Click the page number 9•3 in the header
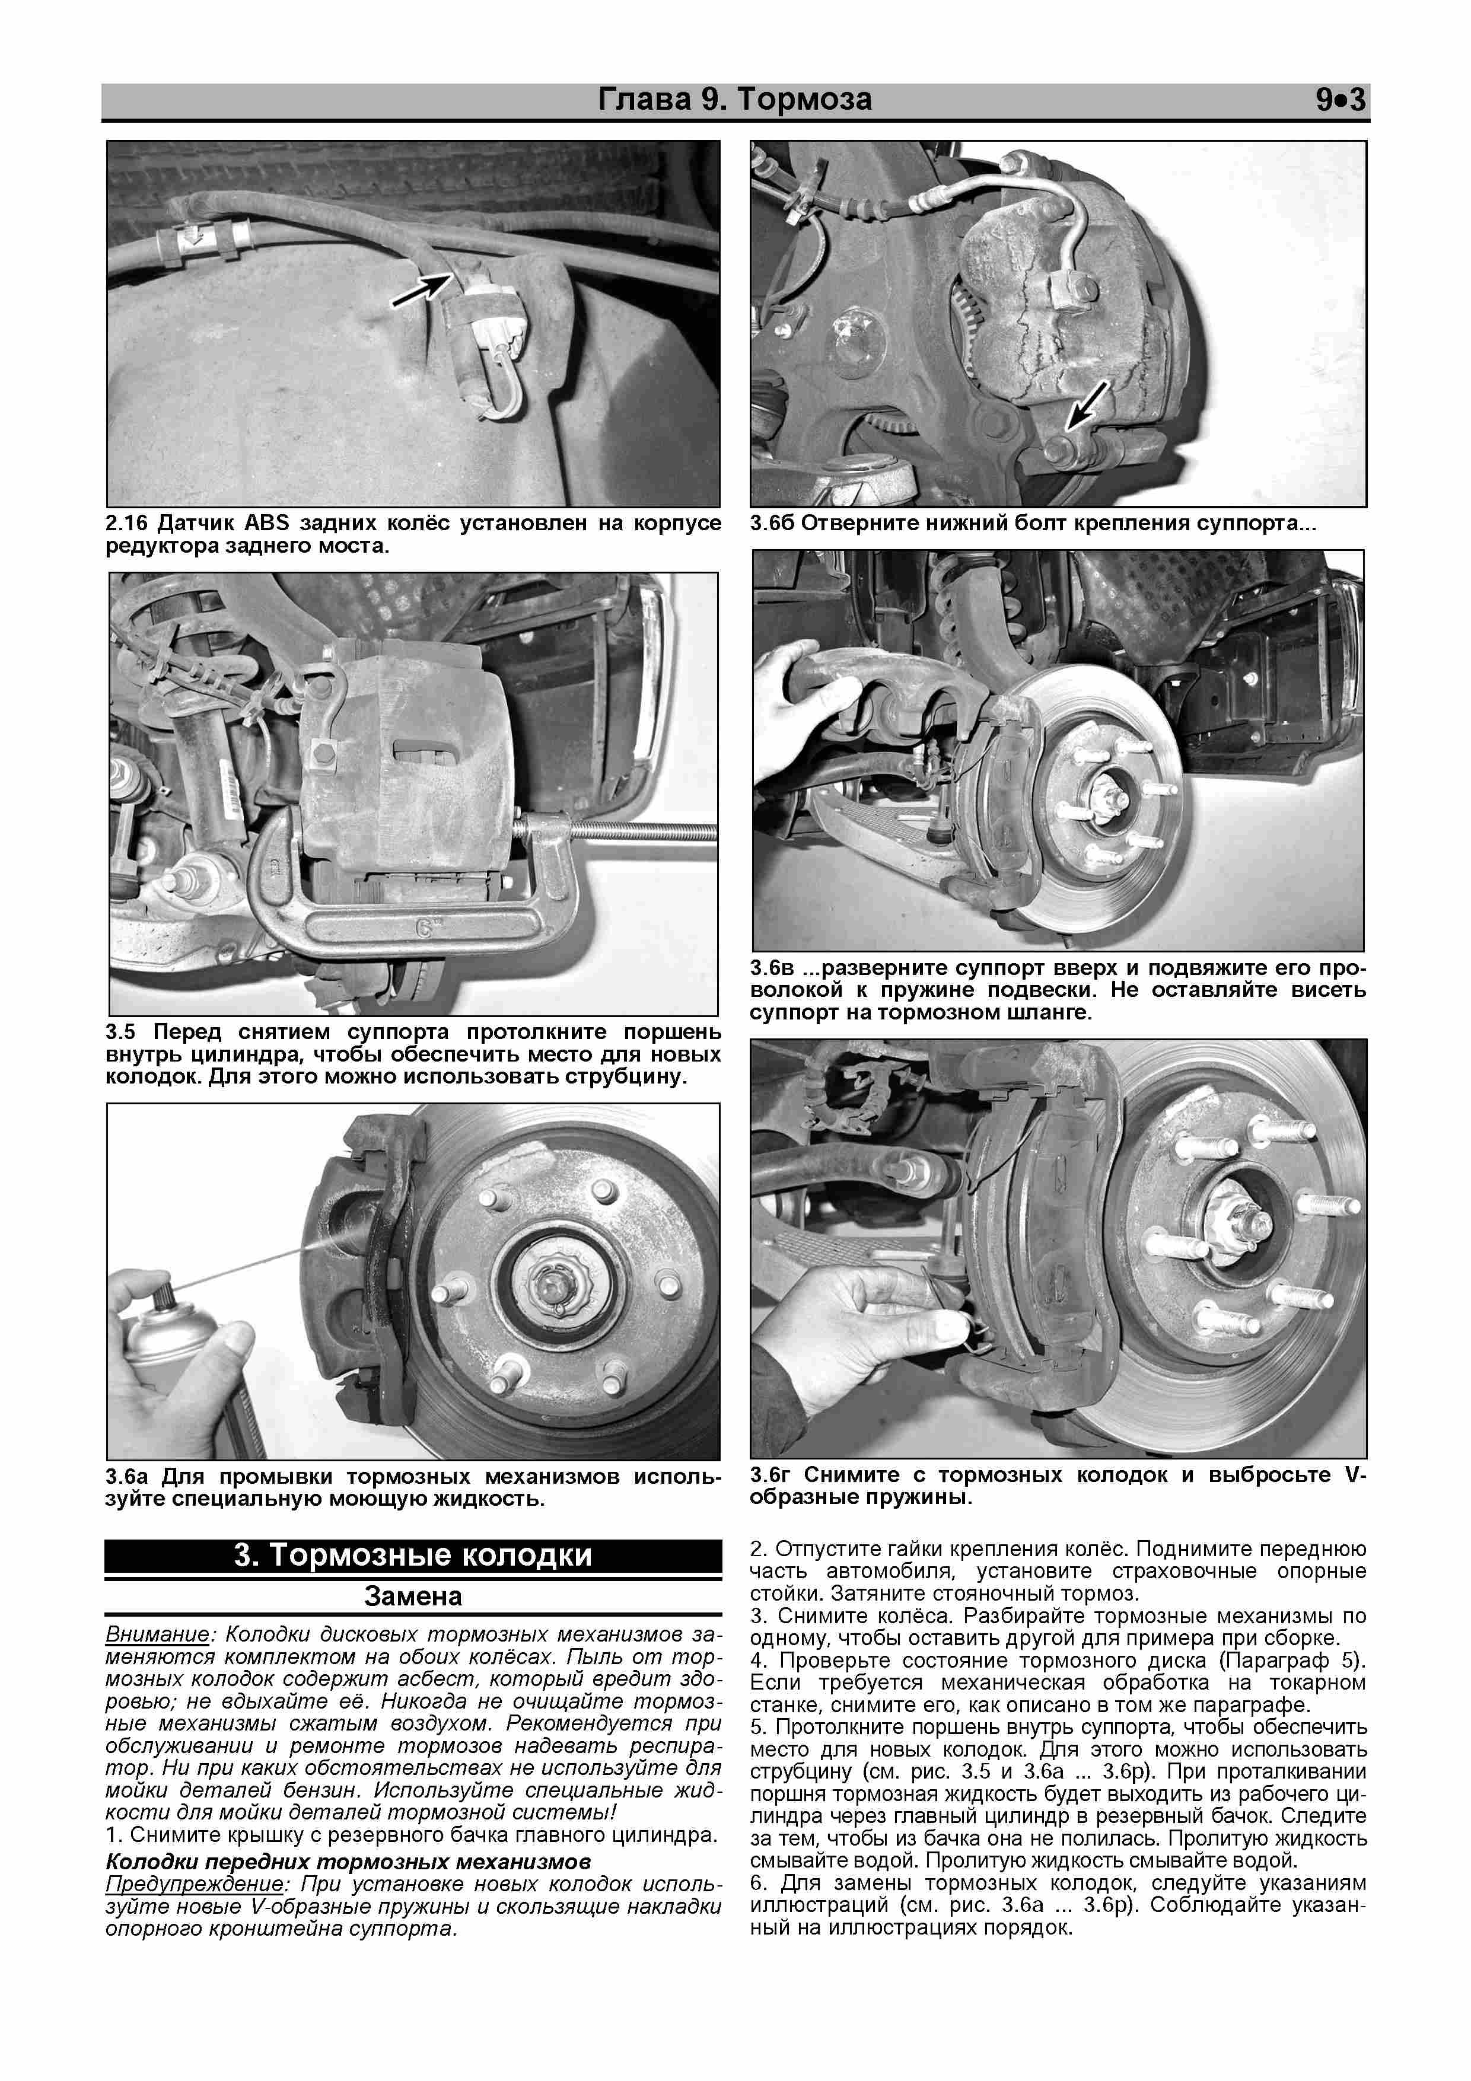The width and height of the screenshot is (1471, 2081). (1339, 100)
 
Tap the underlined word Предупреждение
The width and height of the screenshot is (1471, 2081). (195, 1885)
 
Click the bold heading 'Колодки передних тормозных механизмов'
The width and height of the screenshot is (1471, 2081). (348, 1863)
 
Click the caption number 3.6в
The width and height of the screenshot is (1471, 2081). (772, 968)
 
